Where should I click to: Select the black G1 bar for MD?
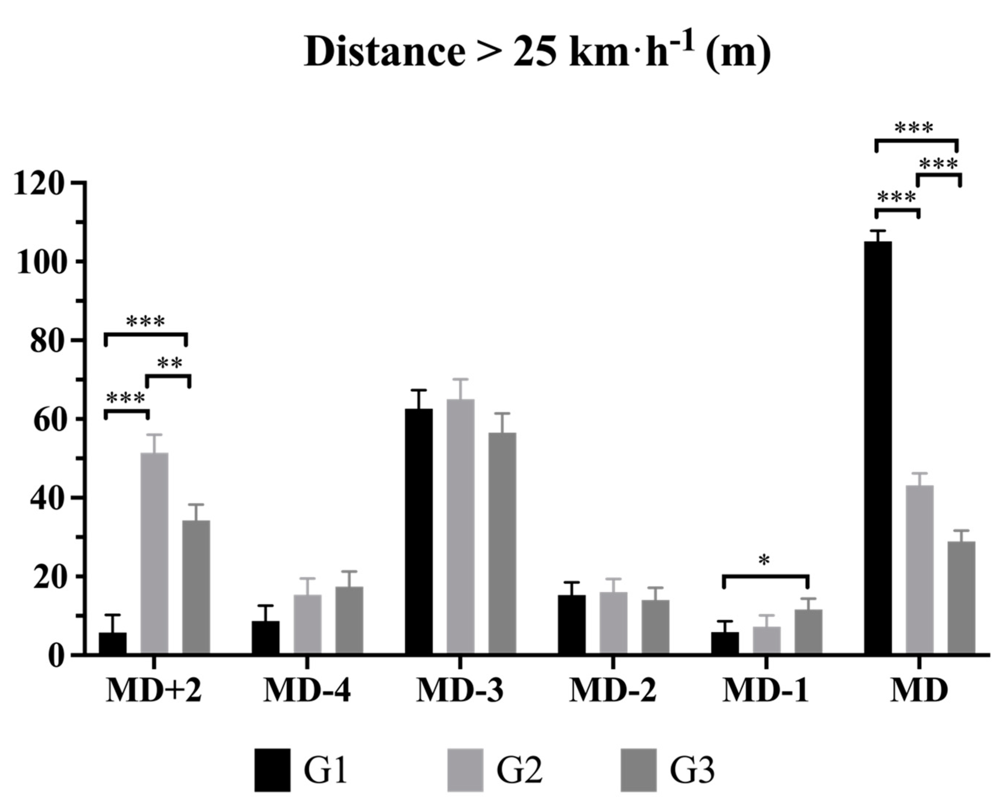[878, 447]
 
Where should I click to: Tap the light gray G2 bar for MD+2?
[154, 553]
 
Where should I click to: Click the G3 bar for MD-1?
[808, 632]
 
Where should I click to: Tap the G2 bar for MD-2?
[613, 623]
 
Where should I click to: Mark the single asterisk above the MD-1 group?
[764, 560]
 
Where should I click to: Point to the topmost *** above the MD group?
[914, 128]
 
